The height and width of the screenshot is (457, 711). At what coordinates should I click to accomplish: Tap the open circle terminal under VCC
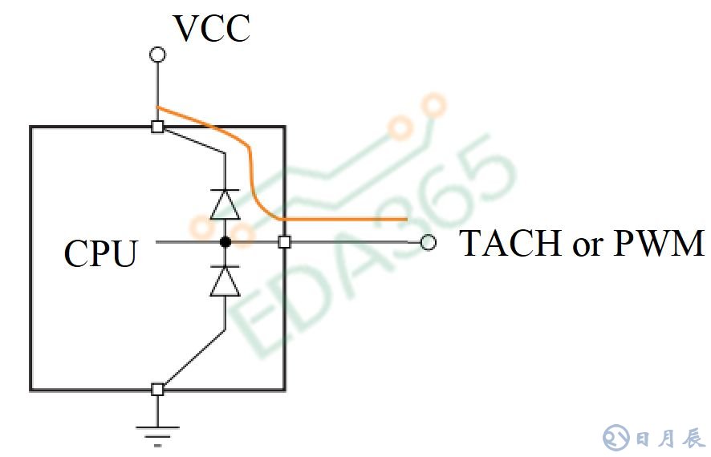158,55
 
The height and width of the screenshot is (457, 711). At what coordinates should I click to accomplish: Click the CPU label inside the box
100,253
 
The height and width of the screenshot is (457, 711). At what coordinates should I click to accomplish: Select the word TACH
510,242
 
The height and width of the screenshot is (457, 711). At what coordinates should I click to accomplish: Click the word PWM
659,242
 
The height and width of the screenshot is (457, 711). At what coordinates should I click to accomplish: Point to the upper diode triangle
225,205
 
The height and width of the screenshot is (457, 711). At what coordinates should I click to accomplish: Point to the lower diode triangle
225,281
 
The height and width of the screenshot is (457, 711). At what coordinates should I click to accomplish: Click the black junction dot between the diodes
225,241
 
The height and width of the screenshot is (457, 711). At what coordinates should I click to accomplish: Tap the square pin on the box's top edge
158,127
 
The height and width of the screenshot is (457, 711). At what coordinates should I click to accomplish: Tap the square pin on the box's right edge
284,241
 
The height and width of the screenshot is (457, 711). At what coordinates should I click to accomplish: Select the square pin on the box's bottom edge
158,390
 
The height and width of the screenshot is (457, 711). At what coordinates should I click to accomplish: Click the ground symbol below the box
158,434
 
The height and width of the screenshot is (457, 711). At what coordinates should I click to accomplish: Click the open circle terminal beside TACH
429,242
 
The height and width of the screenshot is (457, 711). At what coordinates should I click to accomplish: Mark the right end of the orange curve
405,219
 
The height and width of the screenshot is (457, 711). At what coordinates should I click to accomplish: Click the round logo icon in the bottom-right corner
616,438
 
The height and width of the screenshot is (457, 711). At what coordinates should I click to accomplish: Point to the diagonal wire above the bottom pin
193,358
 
